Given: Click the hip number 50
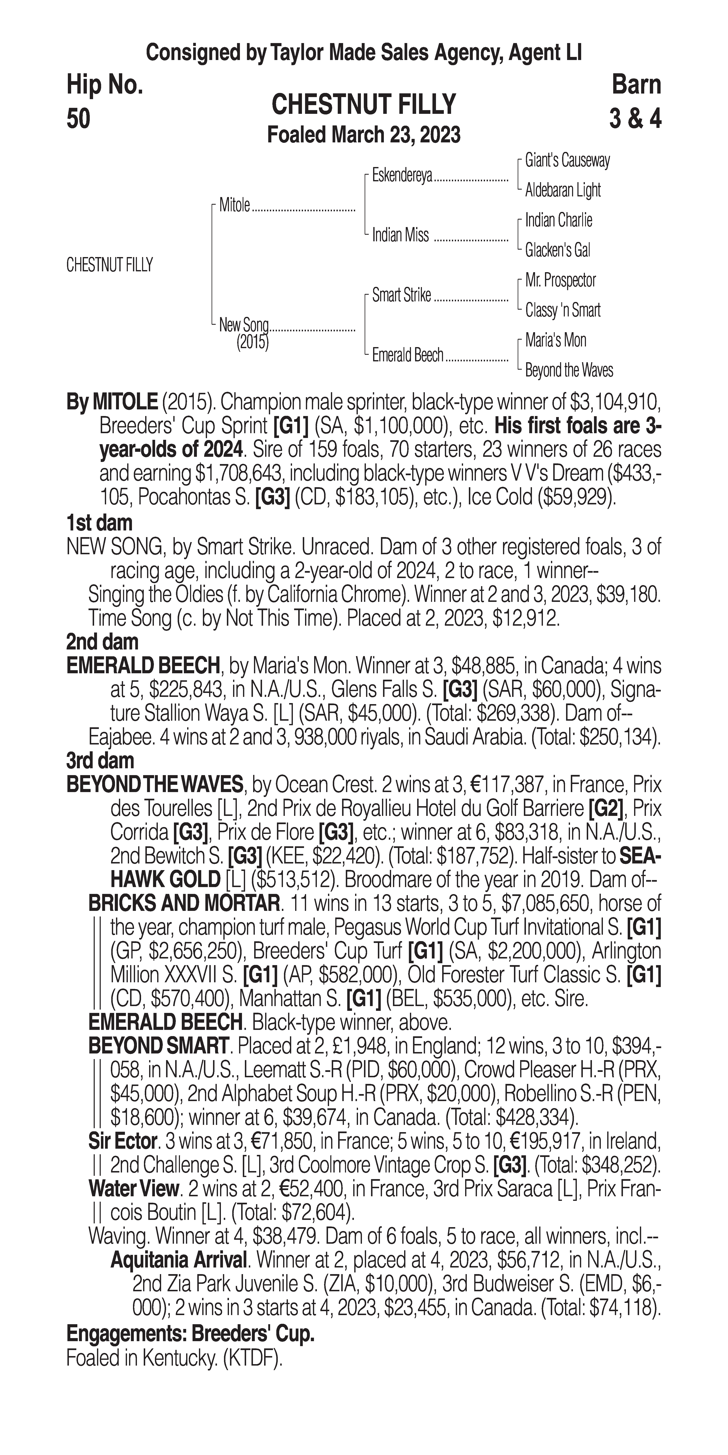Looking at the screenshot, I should click(x=78, y=119).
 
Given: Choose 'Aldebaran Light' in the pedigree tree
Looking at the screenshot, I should click(x=563, y=190).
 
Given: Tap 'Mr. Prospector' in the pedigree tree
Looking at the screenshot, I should click(x=560, y=280).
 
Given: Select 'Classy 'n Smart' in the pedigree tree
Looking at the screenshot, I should click(x=563, y=310).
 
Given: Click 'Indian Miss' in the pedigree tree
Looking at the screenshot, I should click(x=400, y=235).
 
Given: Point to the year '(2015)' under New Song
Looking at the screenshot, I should click(x=252, y=342).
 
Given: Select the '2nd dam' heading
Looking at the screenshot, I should click(x=102, y=642).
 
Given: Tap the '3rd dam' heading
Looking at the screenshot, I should click(x=100, y=761).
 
